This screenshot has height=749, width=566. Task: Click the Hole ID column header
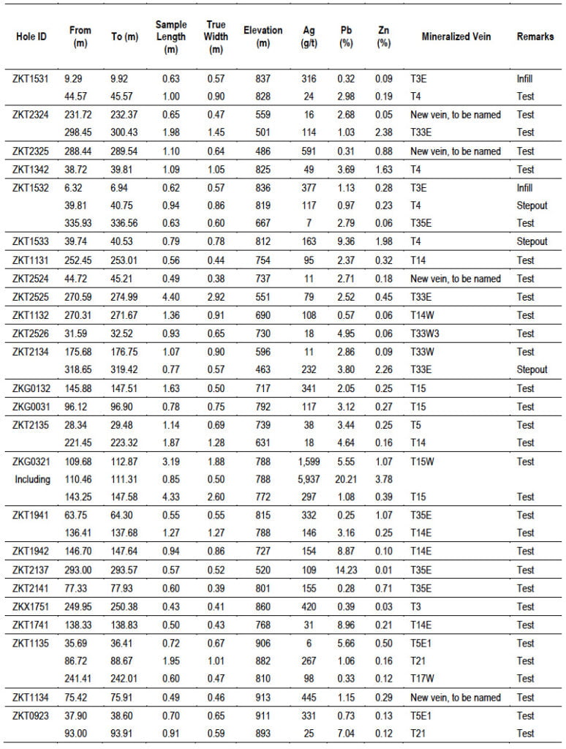tap(31, 37)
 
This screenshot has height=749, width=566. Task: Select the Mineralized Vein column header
tap(456, 37)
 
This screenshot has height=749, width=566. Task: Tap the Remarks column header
tap(535, 37)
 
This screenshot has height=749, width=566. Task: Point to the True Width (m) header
tap(216, 37)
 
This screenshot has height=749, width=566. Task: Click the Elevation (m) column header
tap(263, 37)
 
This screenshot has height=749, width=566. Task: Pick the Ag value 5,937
tap(308, 479)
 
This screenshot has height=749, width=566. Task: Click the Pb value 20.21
tap(347, 479)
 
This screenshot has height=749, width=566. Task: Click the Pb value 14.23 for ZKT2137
tap(347, 570)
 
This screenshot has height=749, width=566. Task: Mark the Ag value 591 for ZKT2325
tap(308, 151)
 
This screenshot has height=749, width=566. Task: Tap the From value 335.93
tap(80, 223)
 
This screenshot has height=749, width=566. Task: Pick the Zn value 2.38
tap(383, 132)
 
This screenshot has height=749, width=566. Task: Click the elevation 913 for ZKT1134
tap(263, 697)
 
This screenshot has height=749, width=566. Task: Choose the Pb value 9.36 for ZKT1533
tap(347, 241)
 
